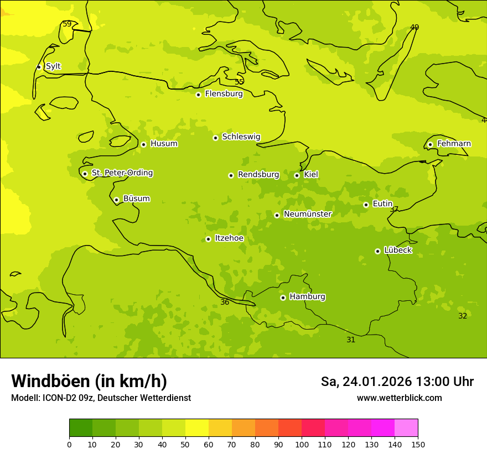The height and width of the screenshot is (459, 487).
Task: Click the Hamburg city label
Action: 307,296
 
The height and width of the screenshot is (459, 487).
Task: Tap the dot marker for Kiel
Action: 297,175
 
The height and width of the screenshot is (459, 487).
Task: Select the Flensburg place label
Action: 224,94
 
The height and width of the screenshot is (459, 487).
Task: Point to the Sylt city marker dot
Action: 39,67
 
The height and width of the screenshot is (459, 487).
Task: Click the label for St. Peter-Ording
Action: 122,173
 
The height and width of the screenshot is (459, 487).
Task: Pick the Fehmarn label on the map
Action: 454,144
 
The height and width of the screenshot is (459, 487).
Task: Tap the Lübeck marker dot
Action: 377,251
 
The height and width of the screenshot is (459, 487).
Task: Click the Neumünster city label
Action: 307,214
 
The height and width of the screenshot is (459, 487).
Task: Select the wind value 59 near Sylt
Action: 67,24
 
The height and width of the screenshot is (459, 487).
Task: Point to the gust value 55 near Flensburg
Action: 239,82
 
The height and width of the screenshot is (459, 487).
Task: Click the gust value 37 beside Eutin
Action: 394,209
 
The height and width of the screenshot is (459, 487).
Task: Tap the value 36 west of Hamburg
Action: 225,302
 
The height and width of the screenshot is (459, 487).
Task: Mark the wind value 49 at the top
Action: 415,27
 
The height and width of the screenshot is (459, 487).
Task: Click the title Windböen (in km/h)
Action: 89,381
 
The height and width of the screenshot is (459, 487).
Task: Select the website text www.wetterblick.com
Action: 399,398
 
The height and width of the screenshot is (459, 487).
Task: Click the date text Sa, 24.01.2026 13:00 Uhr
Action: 397,382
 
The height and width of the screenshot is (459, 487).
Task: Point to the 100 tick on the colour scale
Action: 302,444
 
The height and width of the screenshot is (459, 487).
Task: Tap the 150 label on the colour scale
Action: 418,444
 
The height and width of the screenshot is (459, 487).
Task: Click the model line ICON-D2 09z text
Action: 101,398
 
